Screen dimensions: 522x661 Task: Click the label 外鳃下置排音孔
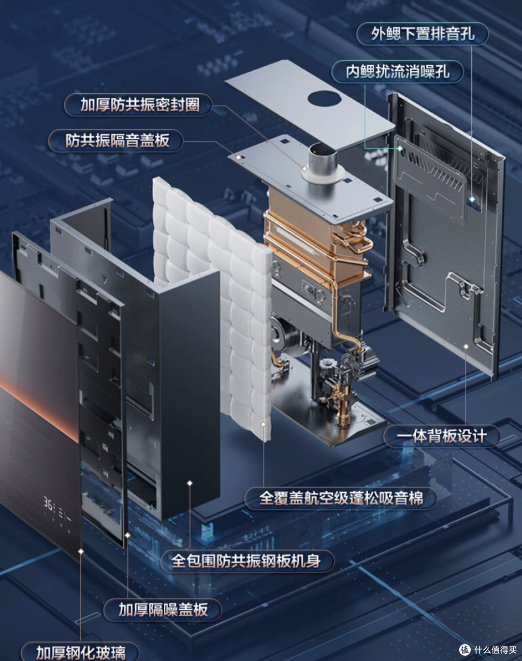(422, 33)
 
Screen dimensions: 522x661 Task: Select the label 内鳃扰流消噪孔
(397, 71)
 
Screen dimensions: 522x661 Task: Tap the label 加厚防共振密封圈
(140, 104)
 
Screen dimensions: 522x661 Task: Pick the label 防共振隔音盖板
(117, 140)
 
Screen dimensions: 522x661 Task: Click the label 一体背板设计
(442, 436)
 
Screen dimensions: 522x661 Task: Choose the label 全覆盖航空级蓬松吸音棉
(341, 498)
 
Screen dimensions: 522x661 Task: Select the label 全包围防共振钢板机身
(246, 560)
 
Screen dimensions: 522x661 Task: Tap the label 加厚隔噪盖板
(163, 609)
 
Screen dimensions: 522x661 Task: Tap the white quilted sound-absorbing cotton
(212, 307)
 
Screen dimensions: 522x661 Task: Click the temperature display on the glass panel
(57, 509)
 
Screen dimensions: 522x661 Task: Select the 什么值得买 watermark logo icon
(464, 649)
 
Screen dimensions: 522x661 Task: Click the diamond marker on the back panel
(466, 347)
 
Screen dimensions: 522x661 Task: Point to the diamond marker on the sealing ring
(304, 168)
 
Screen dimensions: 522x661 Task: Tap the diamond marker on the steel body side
(190, 483)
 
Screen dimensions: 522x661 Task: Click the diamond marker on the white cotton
(263, 424)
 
